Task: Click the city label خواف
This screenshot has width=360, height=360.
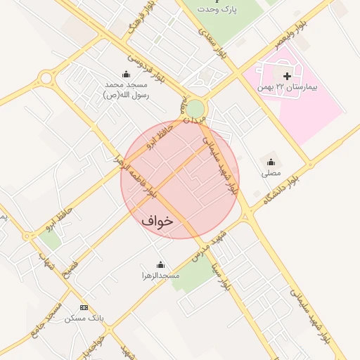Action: point(157,220)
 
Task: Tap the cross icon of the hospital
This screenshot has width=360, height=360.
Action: point(287,75)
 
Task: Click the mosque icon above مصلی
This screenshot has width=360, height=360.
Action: point(271,162)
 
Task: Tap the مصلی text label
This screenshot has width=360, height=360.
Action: point(271,172)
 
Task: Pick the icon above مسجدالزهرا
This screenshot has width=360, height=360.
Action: point(161,265)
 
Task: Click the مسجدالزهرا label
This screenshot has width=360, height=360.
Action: point(161,276)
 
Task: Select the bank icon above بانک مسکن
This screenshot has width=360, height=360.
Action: point(84,308)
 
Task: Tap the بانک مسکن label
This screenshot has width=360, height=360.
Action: point(84,319)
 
